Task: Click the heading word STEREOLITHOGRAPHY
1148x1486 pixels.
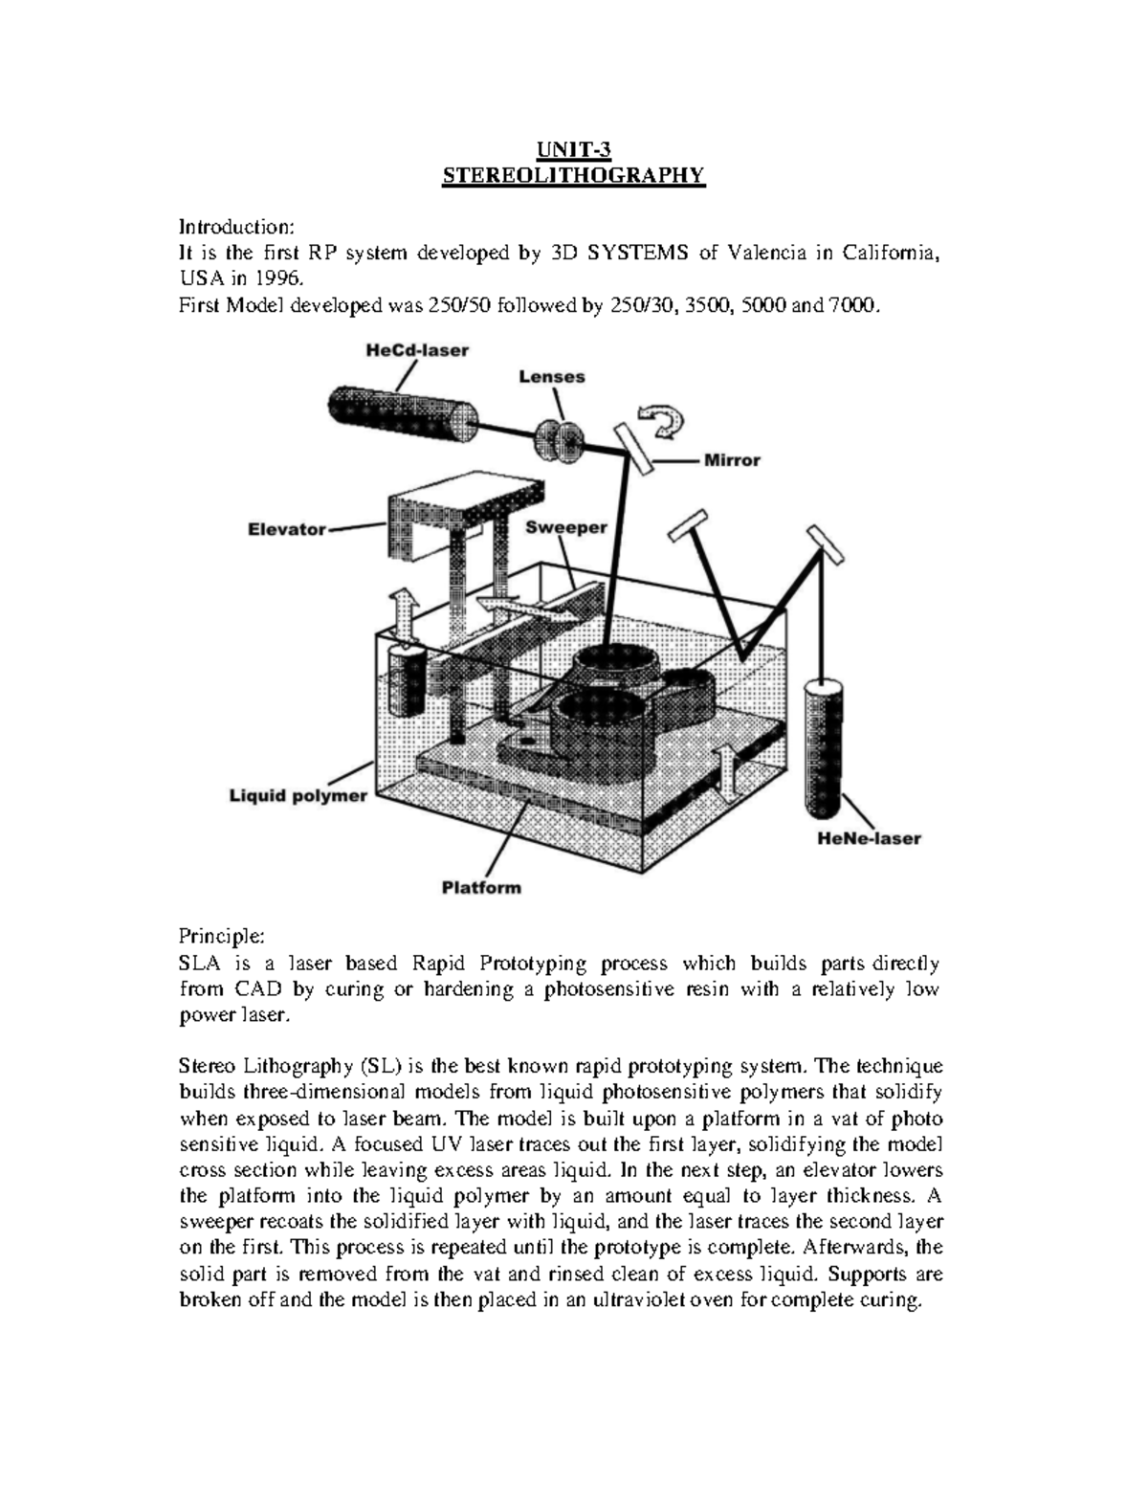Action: coord(572,175)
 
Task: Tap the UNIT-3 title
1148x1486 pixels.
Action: coord(572,149)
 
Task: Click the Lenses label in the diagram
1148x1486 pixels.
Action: coord(552,377)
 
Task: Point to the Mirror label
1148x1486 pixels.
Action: coord(732,460)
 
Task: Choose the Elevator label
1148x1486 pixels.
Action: coord(287,528)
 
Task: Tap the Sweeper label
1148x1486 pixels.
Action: coord(566,527)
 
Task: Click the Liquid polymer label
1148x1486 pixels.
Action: coord(298,795)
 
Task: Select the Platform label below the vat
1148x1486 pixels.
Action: coord(481,887)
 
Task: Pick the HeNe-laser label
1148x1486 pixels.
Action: coord(870,838)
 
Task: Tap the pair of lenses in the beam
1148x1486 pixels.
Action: coord(560,439)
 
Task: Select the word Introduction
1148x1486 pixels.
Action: coord(237,228)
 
